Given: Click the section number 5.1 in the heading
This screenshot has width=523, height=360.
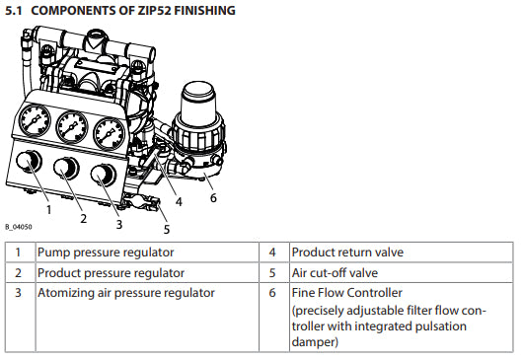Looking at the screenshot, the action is (14, 11).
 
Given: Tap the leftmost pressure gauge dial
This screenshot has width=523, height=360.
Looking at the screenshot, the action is (35, 120).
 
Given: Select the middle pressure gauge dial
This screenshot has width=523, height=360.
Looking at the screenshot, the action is (72, 127).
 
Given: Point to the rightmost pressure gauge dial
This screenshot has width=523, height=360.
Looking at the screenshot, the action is (110, 133).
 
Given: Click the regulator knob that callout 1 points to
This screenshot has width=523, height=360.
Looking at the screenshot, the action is (29, 161).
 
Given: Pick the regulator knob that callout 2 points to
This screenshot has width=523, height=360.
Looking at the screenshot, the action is (66, 168).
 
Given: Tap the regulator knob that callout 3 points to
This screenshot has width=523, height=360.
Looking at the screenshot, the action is (103, 175).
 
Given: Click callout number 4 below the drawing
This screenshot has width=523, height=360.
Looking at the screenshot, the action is (179, 201).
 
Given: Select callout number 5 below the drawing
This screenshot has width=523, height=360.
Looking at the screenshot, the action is (167, 229).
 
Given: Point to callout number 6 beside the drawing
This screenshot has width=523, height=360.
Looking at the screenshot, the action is (213, 197).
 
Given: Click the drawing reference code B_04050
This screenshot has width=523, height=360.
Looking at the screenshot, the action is (19, 227).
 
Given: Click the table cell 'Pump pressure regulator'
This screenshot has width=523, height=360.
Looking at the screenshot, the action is (106, 252).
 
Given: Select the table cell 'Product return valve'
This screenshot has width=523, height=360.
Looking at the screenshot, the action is (347, 252).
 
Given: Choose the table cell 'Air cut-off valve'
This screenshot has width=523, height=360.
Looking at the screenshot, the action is (335, 273).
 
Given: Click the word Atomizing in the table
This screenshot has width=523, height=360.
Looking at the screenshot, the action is (66, 293).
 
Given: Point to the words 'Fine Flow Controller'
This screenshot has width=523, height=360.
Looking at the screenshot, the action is (347, 293).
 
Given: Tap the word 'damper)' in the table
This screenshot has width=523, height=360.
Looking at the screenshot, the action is (315, 342).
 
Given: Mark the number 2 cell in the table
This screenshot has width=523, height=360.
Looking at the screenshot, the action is (19, 273).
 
